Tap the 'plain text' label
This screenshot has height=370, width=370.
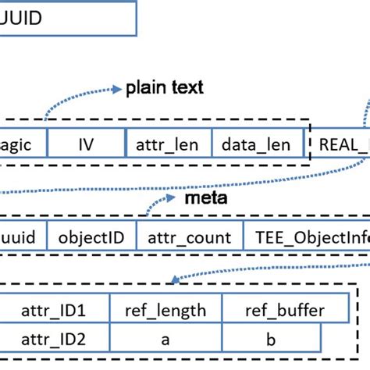165,87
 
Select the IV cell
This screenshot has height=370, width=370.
87,144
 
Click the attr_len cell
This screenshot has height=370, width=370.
169,144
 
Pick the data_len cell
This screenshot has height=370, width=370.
256,144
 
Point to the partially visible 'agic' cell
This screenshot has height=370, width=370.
23,144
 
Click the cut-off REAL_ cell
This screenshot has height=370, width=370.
340,144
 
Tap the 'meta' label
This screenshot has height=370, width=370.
206,198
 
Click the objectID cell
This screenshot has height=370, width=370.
92,237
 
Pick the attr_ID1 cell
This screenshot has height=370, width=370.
55,311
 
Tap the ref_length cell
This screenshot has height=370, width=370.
165,311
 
